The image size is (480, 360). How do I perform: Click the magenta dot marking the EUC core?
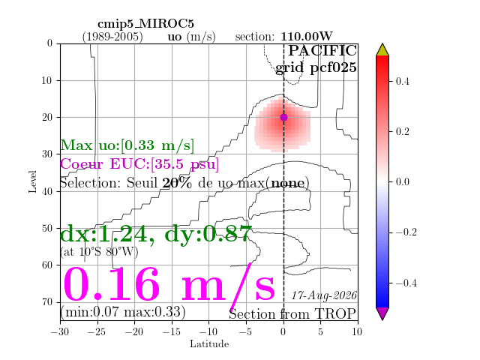click(283, 117)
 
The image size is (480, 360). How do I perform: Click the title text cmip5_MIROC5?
click(145, 23)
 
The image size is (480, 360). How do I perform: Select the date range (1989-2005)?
click(112, 37)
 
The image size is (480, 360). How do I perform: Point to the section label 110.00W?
click(307, 37)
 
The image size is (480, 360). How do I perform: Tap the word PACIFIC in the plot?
click(322, 50)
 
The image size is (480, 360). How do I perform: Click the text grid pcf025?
click(316, 67)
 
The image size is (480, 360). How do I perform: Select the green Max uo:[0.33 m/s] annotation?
click(127, 145)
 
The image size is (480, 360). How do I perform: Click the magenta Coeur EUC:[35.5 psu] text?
click(139, 163)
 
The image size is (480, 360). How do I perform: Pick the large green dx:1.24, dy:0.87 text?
click(156, 234)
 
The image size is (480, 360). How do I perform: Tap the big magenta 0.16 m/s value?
click(169, 285)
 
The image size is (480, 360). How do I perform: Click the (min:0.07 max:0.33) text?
click(123, 312)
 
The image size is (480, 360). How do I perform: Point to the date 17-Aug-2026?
click(324, 295)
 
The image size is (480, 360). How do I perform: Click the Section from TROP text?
click(292, 314)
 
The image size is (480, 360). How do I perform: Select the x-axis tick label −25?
click(97, 331)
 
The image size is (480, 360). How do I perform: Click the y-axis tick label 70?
click(48, 301)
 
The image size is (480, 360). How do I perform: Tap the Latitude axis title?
click(209, 344)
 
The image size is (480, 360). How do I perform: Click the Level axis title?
click(33, 181)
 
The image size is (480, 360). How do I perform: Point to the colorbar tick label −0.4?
click(406, 283)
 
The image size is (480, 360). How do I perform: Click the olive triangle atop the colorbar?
click(382, 49)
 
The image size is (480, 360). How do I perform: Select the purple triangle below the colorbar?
click(382, 313)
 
